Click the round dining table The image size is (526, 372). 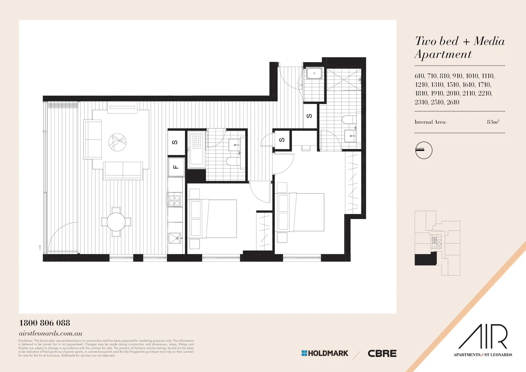pyautogui.click(x=116, y=222)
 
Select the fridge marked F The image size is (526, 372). pyautogui.click(x=176, y=167)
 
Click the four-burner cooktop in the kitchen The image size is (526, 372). pyautogui.click(x=174, y=200)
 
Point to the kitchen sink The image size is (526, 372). pyautogui.click(x=175, y=238)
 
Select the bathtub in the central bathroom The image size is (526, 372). pyautogui.click(x=197, y=149)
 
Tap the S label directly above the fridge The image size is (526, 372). pyautogui.click(x=175, y=142)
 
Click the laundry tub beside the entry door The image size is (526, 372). pyautogui.click(x=314, y=73)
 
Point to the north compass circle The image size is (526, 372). pyautogui.click(x=424, y=150)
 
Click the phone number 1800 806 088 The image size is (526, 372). pyautogui.click(x=44, y=323)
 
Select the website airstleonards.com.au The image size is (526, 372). pyautogui.click(x=50, y=333)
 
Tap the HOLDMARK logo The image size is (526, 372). pyautogui.click(x=325, y=353)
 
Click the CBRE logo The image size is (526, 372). pyautogui.click(x=382, y=353)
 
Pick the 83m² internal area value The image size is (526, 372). pyautogui.click(x=493, y=122)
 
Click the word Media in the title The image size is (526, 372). pyautogui.click(x=489, y=41)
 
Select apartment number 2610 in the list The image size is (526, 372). pyautogui.click(x=453, y=102)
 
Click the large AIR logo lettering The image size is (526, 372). pyautogui.click(x=483, y=337)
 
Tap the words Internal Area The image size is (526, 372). pyautogui.click(x=430, y=122)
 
